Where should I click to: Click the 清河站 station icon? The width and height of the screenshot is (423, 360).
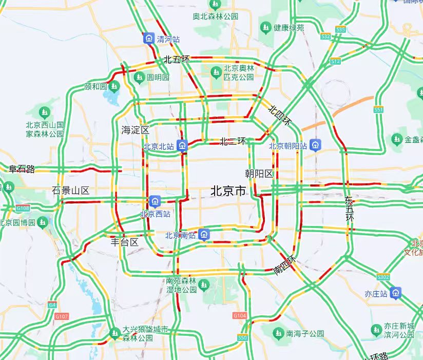149,38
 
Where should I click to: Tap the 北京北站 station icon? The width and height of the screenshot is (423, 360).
182,146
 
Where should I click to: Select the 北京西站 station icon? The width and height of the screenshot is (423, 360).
155,200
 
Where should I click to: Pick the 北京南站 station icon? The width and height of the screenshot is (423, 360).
204,235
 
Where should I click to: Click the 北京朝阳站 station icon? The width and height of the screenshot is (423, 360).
316,145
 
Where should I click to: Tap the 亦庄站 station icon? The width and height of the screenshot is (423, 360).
395,293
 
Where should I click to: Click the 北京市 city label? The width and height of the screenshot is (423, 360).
228,192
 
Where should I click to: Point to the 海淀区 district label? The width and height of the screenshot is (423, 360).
135,130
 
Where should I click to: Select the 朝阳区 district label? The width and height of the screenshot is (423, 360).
259,174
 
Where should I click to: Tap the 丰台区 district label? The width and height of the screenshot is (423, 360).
125,242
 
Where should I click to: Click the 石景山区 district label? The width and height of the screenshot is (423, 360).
70,191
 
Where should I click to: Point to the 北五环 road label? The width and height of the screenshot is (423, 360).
176,60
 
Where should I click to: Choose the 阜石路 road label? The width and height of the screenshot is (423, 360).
22,169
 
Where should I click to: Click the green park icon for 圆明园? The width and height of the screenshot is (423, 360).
139,77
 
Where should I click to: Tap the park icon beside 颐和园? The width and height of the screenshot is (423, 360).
114,86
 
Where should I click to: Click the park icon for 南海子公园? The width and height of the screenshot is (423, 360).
278,333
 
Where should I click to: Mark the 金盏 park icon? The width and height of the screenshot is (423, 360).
396,139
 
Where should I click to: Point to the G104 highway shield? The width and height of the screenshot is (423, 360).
239,315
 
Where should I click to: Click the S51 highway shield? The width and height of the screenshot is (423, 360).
379,110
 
